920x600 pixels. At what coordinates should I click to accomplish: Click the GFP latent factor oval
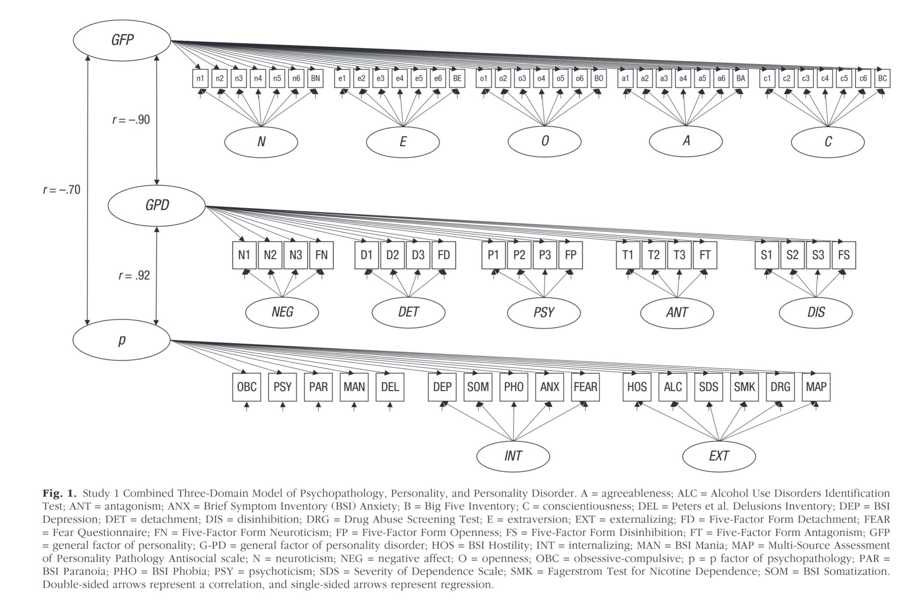point(122,40)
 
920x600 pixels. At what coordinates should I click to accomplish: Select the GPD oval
point(156,205)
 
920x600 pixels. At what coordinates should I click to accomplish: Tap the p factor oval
point(121,340)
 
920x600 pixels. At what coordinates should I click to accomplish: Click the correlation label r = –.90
point(131,120)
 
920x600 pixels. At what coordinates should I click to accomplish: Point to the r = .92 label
point(134,275)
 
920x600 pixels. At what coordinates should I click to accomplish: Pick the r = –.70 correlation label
point(62,190)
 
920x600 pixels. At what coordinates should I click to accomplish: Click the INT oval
point(513,456)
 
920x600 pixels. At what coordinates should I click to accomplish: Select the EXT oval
point(719,456)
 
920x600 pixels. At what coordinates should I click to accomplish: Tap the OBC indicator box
point(247,387)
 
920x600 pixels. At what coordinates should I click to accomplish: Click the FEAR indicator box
point(585,387)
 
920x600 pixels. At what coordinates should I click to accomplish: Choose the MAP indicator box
point(816,387)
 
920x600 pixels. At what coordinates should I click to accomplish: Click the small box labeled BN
point(315,79)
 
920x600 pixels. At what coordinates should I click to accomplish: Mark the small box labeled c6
point(863,79)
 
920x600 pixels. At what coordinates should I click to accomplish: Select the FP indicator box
point(571,255)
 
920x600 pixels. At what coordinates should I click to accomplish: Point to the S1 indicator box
point(766,255)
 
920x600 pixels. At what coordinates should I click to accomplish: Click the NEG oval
point(282,312)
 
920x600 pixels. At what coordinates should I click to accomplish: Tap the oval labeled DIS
point(815,312)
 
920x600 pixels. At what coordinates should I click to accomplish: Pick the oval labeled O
point(544,141)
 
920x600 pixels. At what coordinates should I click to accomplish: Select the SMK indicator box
point(744,387)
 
